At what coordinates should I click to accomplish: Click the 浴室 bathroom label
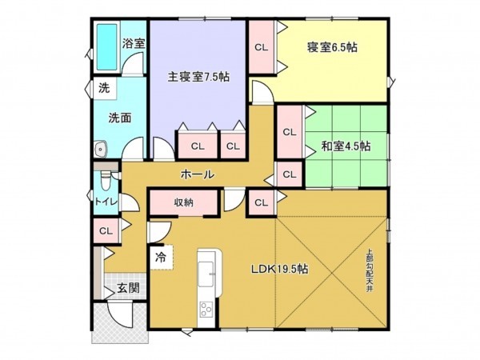tap(134, 43)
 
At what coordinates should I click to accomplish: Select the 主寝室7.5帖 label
tap(198, 78)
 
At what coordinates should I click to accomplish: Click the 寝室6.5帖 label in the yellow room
tap(331, 47)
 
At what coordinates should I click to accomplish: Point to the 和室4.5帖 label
tap(346, 146)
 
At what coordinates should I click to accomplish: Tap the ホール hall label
tap(197, 174)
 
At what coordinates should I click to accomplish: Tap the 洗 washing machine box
tap(104, 88)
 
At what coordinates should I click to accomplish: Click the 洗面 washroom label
tap(120, 117)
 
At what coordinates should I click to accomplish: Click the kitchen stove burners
tap(206, 310)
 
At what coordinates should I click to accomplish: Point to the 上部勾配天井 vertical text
tap(370, 272)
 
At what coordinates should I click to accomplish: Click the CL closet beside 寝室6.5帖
tap(261, 47)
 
